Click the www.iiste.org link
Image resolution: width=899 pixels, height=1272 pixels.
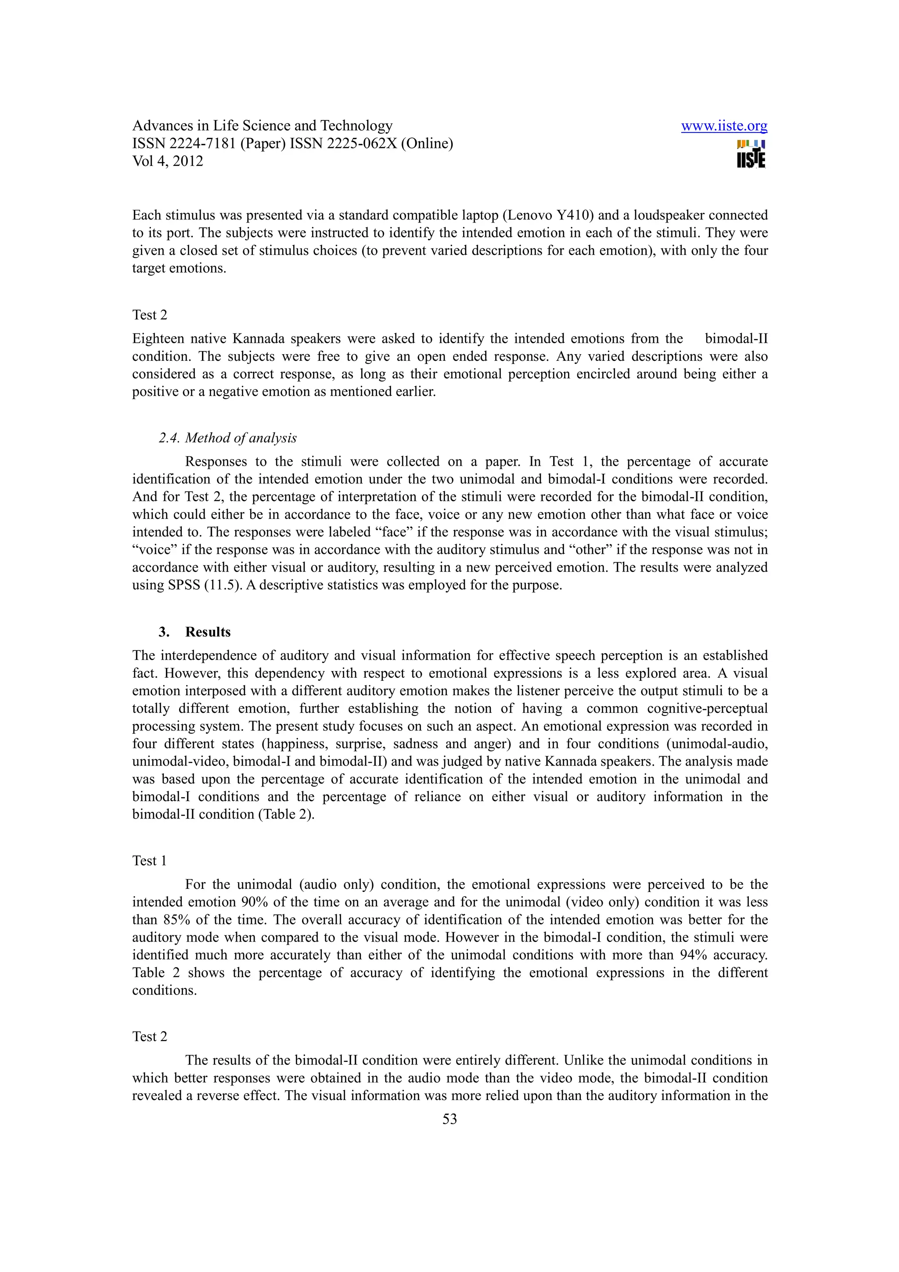pyautogui.click(x=723, y=126)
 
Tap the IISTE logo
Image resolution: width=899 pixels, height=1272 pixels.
pyautogui.click(x=751, y=155)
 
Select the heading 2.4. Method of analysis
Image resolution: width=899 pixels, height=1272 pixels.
pyautogui.click(x=228, y=438)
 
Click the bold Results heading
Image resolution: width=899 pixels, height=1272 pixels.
pyautogui.click(x=208, y=632)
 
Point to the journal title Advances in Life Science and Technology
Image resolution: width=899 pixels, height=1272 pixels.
pyautogui.click(x=262, y=126)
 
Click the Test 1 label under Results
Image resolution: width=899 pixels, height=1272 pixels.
pyautogui.click(x=149, y=861)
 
